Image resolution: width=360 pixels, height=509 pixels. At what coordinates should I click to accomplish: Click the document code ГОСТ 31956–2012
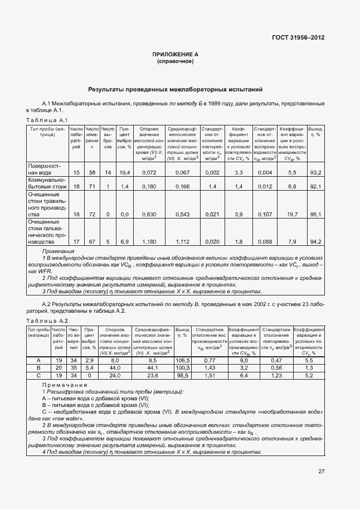[298, 38]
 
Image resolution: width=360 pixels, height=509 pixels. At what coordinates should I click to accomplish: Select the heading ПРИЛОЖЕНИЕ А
[176, 54]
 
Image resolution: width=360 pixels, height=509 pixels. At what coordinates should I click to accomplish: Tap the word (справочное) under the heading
[176, 61]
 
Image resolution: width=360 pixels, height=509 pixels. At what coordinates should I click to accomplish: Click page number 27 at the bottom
[322, 471]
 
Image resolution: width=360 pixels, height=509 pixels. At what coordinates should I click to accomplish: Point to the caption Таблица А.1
[47, 120]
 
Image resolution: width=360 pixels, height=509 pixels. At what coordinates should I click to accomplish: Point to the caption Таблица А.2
[47, 321]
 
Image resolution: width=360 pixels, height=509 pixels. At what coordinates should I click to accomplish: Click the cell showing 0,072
[149, 172]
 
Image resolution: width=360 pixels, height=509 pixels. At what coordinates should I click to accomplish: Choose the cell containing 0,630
[149, 214]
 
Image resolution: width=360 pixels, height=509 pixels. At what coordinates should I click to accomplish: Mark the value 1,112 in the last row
[182, 242]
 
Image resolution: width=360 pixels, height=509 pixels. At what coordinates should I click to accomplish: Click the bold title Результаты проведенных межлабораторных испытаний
[175, 89]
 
